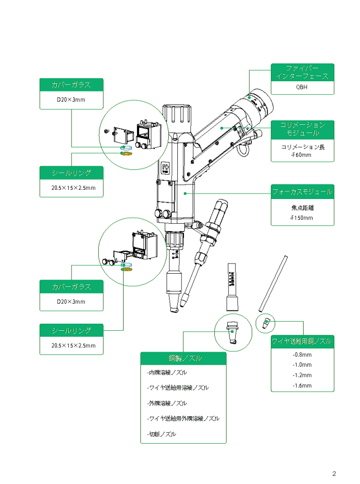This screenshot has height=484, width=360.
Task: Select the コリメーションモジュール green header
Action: tap(303, 129)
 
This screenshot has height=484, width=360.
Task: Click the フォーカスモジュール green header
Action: tap(302, 191)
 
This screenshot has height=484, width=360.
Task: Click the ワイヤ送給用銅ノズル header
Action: tap(302, 341)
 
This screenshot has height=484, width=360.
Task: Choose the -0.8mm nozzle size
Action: tap(302, 355)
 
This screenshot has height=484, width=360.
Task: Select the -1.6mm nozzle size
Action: tap(302, 386)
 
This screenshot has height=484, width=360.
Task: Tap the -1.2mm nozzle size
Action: tap(302, 375)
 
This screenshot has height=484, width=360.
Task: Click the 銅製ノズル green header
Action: tap(183, 358)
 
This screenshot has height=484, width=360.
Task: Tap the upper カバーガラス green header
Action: tap(71, 85)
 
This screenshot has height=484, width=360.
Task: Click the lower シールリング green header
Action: tap(71, 330)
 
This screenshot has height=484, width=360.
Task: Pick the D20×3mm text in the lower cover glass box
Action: tap(71, 302)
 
